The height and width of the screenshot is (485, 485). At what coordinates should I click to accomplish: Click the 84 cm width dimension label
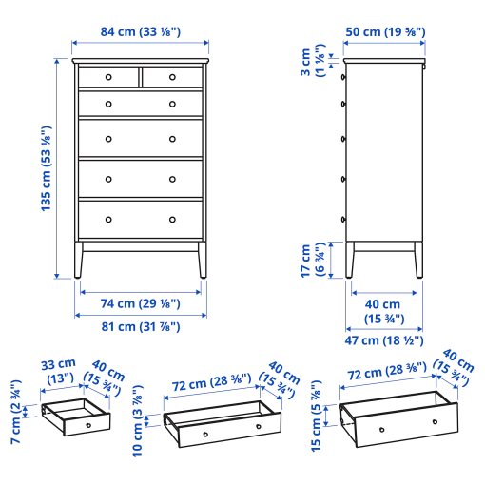point(141,32)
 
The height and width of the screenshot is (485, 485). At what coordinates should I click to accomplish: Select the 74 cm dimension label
point(141,304)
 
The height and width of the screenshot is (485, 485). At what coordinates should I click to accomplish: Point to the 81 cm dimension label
point(141,327)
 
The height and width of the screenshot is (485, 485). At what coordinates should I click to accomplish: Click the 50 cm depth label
point(385,32)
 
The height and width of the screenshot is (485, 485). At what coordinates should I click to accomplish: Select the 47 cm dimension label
point(384,339)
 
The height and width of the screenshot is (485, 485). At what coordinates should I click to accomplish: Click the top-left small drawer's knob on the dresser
point(107,77)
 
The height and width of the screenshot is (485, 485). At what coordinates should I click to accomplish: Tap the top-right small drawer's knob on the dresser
point(172,77)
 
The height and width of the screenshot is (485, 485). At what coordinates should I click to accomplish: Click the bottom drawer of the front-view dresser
point(141,218)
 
